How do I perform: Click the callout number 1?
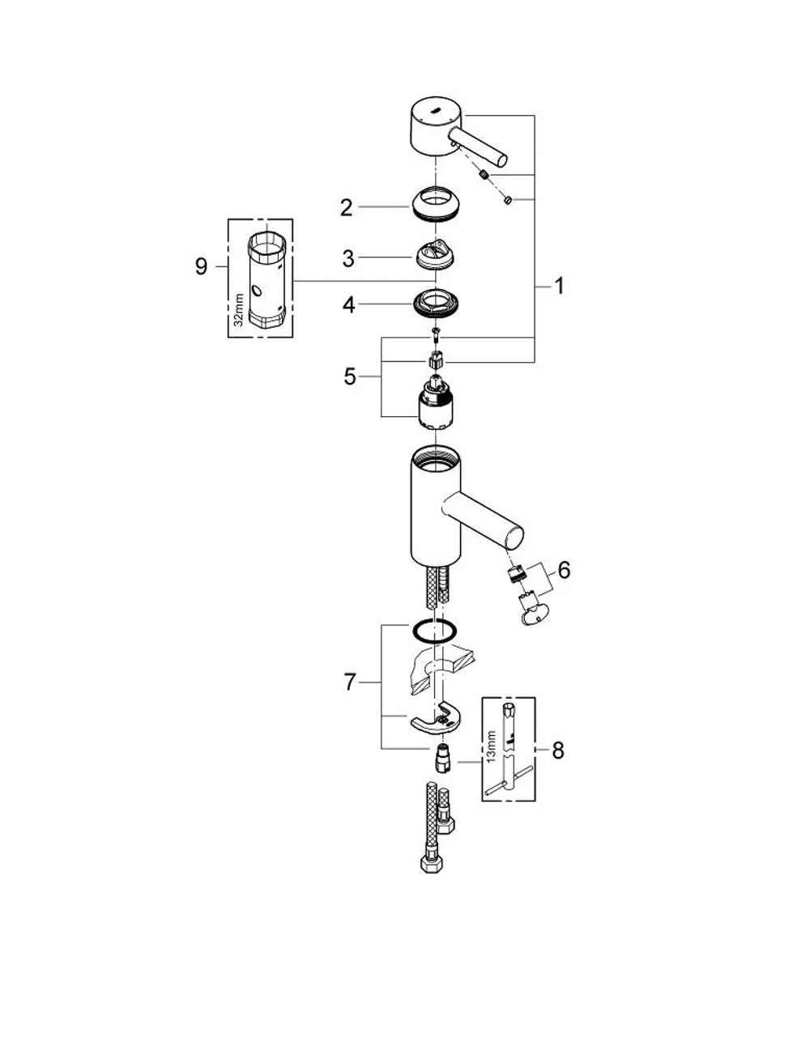pos(558,286)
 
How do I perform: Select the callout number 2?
pos(346,207)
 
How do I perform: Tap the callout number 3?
pos(348,258)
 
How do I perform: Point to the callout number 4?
pos(348,305)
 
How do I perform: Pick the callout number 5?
pos(350,376)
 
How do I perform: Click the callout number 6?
pos(564,570)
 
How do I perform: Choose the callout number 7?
pos(350,683)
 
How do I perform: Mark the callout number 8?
pos(558,751)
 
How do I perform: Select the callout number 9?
pos(202,266)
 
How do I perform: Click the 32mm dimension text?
pos(240,309)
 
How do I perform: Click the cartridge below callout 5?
pos(436,402)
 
